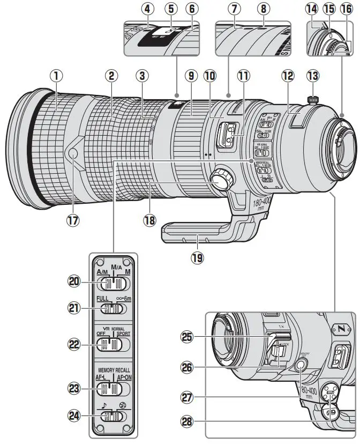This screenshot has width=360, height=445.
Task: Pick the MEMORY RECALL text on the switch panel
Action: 114,370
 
